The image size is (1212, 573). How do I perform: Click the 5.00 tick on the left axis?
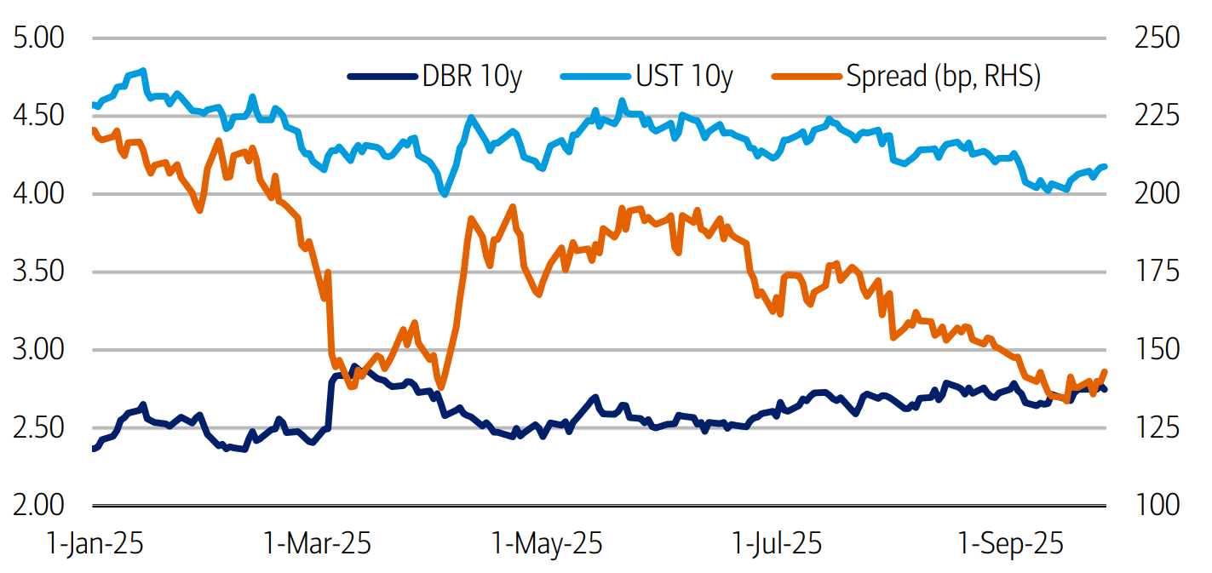click(x=37, y=38)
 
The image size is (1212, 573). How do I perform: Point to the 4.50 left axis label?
click(x=37, y=116)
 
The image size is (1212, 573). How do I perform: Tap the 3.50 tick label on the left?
click(x=37, y=272)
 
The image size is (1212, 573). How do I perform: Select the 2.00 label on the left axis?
click(x=37, y=505)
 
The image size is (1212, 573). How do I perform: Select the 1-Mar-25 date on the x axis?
click(x=317, y=542)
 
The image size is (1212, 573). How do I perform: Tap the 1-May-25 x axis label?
click(x=546, y=542)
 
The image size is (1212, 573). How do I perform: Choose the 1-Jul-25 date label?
click(x=777, y=542)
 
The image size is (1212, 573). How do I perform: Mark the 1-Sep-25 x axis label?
click(x=1011, y=542)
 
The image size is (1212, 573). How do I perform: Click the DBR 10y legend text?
click(x=472, y=77)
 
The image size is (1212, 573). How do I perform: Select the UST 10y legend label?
click(x=684, y=77)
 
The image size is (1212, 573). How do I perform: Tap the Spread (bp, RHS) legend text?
click(x=943, y=77)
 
